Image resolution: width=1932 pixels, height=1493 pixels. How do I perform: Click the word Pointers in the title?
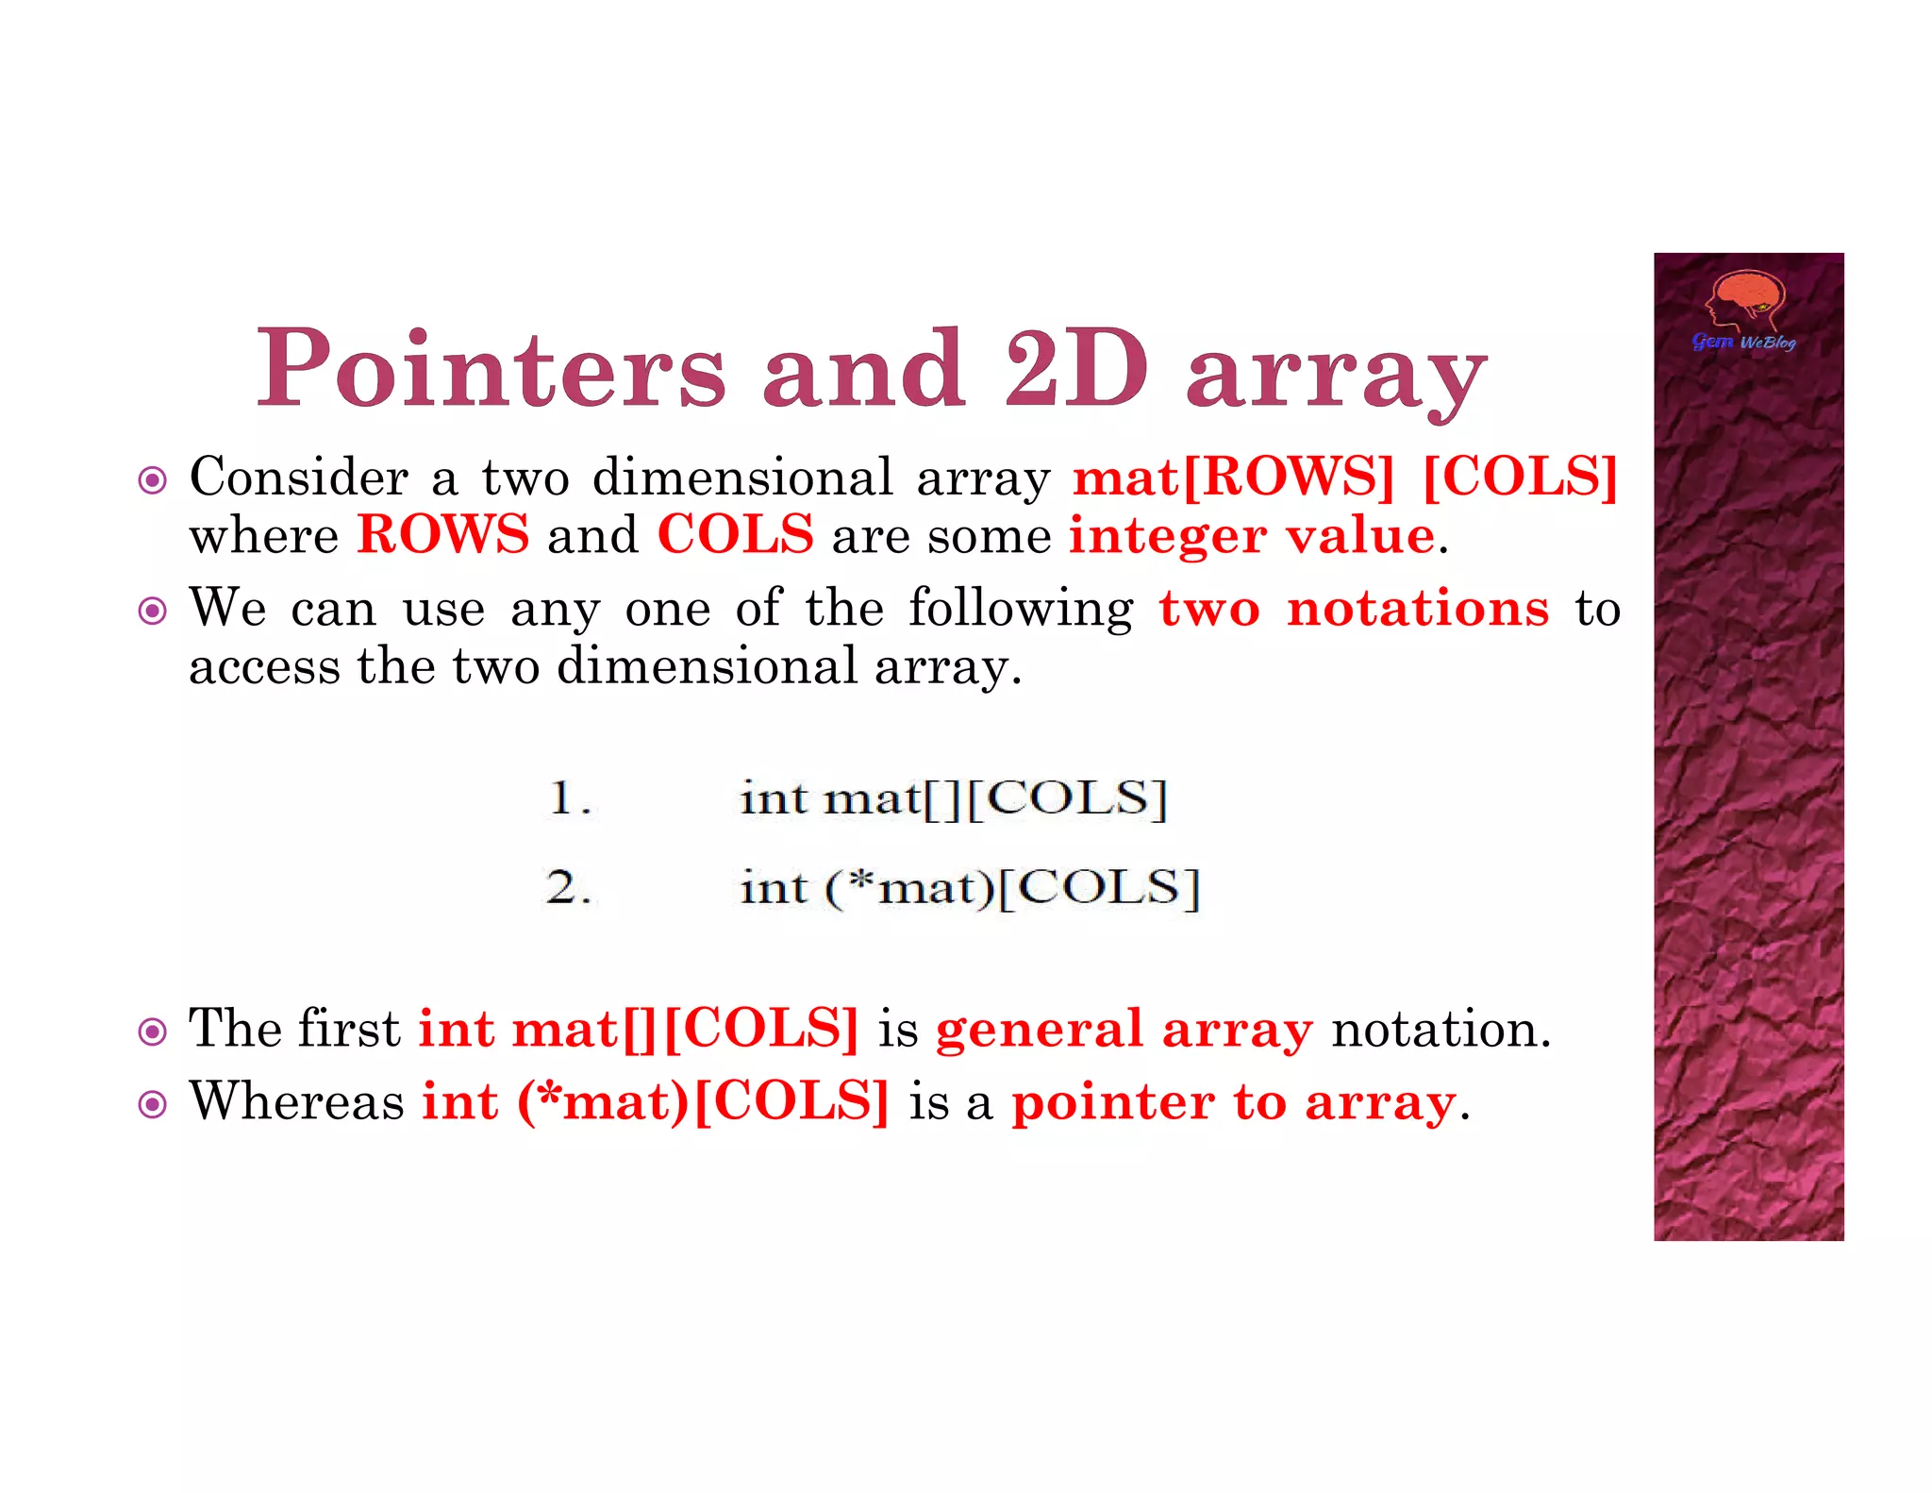[x=491, y=369]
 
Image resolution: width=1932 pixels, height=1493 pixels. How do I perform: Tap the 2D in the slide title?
[x=1076, y=369]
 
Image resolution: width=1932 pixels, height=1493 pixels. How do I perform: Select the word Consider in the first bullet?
[x=299, y=477]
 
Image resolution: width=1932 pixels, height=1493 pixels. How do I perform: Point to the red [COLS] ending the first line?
[x=1520, y=477]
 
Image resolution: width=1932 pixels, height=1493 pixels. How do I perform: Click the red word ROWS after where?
[x=443, y=535]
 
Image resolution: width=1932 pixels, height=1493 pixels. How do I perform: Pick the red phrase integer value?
[x=1252, y=536]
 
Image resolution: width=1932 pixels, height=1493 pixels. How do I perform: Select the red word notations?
[x=1418, y=609]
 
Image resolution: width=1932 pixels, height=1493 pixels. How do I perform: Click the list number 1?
[x=569, y=798]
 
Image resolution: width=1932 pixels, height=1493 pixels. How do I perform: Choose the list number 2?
[x=569, y=888]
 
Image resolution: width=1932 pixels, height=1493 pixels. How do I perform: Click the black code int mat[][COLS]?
[x=954, y=799]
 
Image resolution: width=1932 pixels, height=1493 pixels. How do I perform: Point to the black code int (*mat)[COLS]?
[x=970, y=888]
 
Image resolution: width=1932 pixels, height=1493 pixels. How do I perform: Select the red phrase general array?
[x=1124, y=1029]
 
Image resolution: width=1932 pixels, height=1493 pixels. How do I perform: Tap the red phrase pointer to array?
[x=1234, y=1102]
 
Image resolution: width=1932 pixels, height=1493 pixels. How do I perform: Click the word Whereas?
[x=296, y=1101]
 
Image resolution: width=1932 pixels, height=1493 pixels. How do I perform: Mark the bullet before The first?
[x=152, y=1032]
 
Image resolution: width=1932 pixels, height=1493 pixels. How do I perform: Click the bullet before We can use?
[x=152, y=612]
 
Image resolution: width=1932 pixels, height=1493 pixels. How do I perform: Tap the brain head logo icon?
[x=1746, y=300]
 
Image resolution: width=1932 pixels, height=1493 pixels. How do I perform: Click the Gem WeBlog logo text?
[x=1743, y=342]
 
